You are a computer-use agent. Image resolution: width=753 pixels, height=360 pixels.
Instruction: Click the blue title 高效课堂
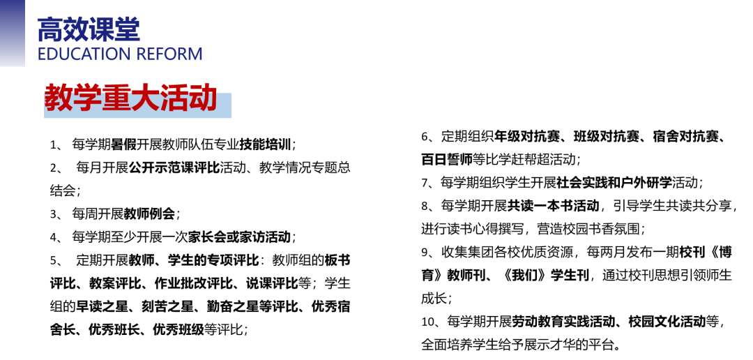pyautogui.click(x=89, y=29)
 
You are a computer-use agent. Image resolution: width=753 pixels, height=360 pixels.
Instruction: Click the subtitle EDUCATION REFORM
pyautogui.click(x=120, y=54)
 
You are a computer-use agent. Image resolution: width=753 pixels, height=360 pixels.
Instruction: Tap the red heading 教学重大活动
pyautogui.click(x=130, y=98)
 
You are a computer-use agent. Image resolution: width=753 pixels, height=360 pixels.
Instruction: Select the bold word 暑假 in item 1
pyautogui.click(x=124, y=144)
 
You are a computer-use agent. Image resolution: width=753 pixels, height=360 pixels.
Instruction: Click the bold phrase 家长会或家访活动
pyautogui.click(x=239, y=237)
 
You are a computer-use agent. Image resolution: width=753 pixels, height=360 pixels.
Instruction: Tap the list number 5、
pyautogui.click(x=56, y=260)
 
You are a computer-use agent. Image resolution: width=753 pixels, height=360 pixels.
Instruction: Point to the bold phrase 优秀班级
pyautogui.click(x=178, y=330)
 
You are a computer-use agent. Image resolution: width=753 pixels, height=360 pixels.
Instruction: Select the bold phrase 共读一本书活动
pyautogui.click(x=553, y=206)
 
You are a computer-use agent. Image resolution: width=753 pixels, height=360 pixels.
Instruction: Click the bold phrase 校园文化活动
pyautogui.click(x=667, y=322)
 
